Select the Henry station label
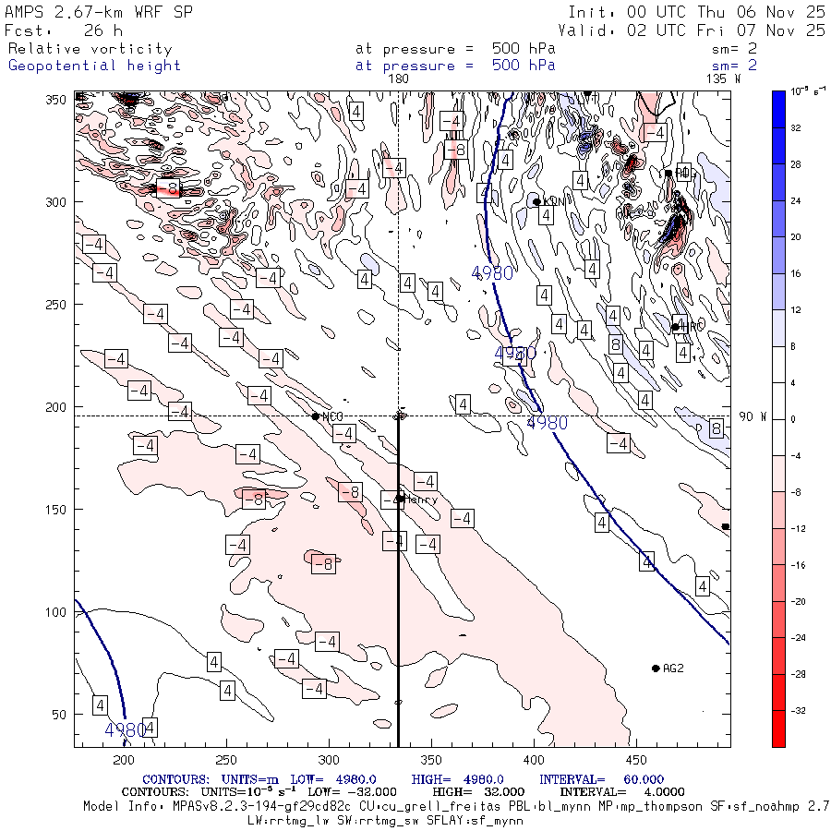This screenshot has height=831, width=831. tap(422, 500)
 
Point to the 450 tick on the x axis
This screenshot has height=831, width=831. tap(430, 761)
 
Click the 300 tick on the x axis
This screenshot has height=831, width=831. tap(328, 761)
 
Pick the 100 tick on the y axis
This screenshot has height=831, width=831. tap(60, 611)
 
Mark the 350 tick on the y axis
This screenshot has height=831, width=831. tap(60, 99)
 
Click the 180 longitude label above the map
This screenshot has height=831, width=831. tap(398, 79)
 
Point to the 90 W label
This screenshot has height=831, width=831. tap(753, 416)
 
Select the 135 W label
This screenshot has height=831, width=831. tap(722, 79)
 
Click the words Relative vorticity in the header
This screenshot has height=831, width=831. tap(90, 49)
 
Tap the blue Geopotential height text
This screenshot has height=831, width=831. tap(94, 66)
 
